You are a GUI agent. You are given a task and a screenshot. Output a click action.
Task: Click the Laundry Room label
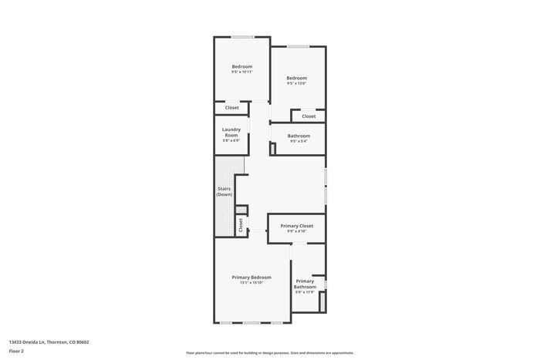click(231, 131)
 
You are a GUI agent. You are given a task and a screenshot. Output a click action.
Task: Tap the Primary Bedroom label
click(251, 277)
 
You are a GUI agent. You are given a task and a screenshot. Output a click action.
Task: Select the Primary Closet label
click(296, 226)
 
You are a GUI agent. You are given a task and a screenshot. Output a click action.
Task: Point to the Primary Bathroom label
click(305, 284)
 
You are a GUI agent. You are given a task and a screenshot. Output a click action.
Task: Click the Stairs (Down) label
click(224, 191)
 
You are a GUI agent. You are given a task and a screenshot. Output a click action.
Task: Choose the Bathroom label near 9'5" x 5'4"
click(299, 136)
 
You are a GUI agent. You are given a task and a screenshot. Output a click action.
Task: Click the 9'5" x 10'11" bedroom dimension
click(241, 72)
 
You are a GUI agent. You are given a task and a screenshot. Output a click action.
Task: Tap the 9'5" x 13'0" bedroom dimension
click(296, 83)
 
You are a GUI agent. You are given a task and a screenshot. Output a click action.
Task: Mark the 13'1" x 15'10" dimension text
click(251, 283)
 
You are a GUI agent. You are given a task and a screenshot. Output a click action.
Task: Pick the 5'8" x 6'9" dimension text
click(231, 140)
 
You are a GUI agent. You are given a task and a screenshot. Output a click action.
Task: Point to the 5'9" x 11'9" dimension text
click(305, 292)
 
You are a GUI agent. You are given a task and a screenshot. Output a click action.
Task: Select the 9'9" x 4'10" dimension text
click(296, 231)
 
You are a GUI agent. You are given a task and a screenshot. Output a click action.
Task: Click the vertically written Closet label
click(241, 225)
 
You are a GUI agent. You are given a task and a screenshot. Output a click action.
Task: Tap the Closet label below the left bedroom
click(231, 108)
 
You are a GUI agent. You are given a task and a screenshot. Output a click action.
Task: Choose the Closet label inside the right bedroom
click(309, 116)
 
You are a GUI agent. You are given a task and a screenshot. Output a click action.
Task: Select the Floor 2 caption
click(16, 351)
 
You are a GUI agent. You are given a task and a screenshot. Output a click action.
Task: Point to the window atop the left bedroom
click(243, 37)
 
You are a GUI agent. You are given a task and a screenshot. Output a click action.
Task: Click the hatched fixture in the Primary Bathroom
click(320, 303)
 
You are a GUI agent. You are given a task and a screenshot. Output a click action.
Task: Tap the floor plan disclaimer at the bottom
click(269, 352)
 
